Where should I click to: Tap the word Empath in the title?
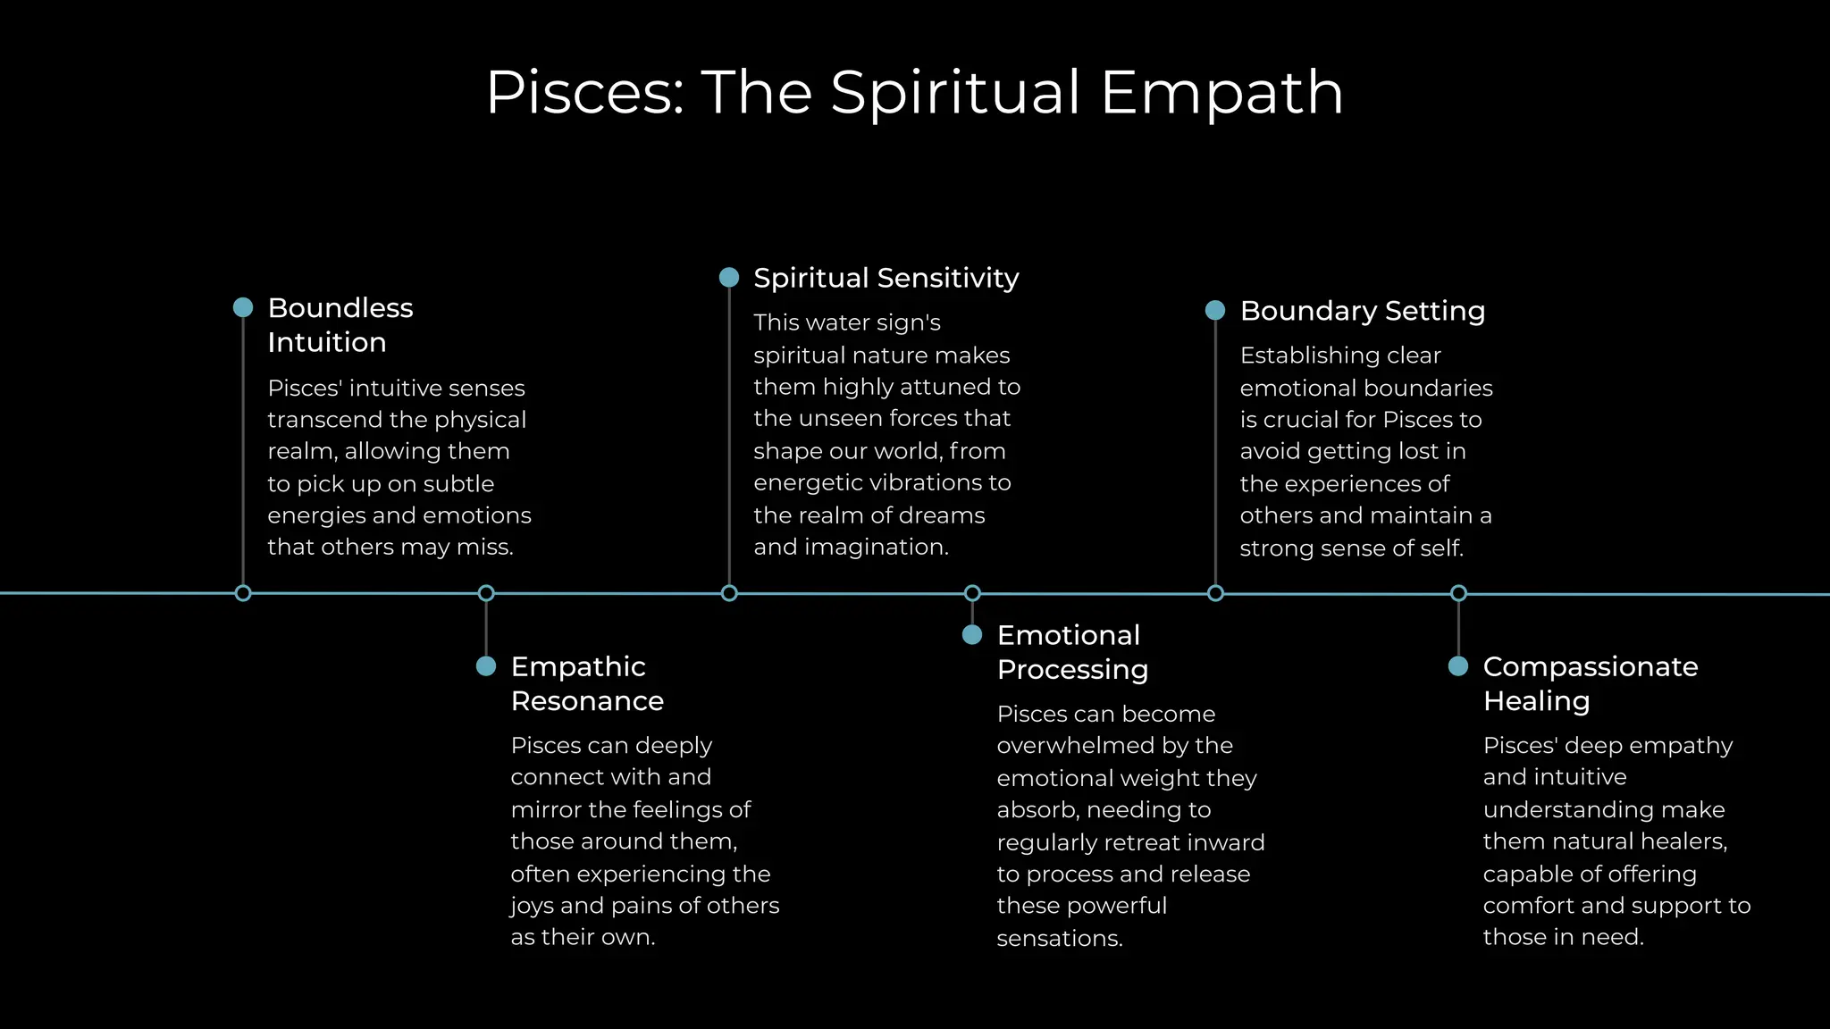(1221, 93)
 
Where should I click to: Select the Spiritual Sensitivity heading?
(886, 278)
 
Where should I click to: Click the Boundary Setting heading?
(1362, 311)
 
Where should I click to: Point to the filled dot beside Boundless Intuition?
(243, 307)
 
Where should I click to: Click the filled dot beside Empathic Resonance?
(486, 666)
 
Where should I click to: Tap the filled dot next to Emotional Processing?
(972, 635)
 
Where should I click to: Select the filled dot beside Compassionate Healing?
(1458, 666)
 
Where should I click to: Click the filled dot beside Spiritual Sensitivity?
(729, 278)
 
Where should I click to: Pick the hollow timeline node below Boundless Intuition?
(243, 593)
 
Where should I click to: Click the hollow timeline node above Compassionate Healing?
(1458, 593)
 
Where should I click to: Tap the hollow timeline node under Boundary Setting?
(1215, 593)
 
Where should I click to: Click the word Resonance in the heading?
(587, 701)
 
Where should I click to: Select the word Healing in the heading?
(1536, 701)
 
